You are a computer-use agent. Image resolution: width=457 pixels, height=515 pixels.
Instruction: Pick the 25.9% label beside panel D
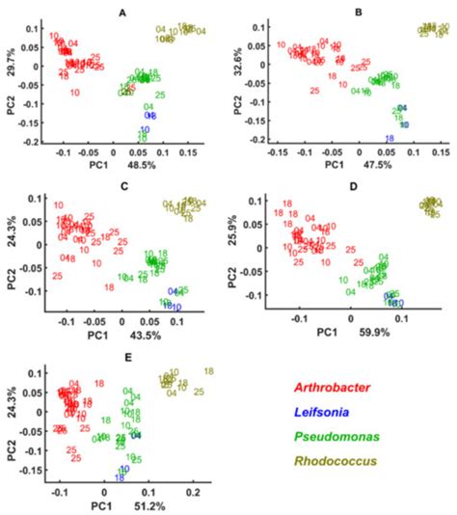pos(244,231)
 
